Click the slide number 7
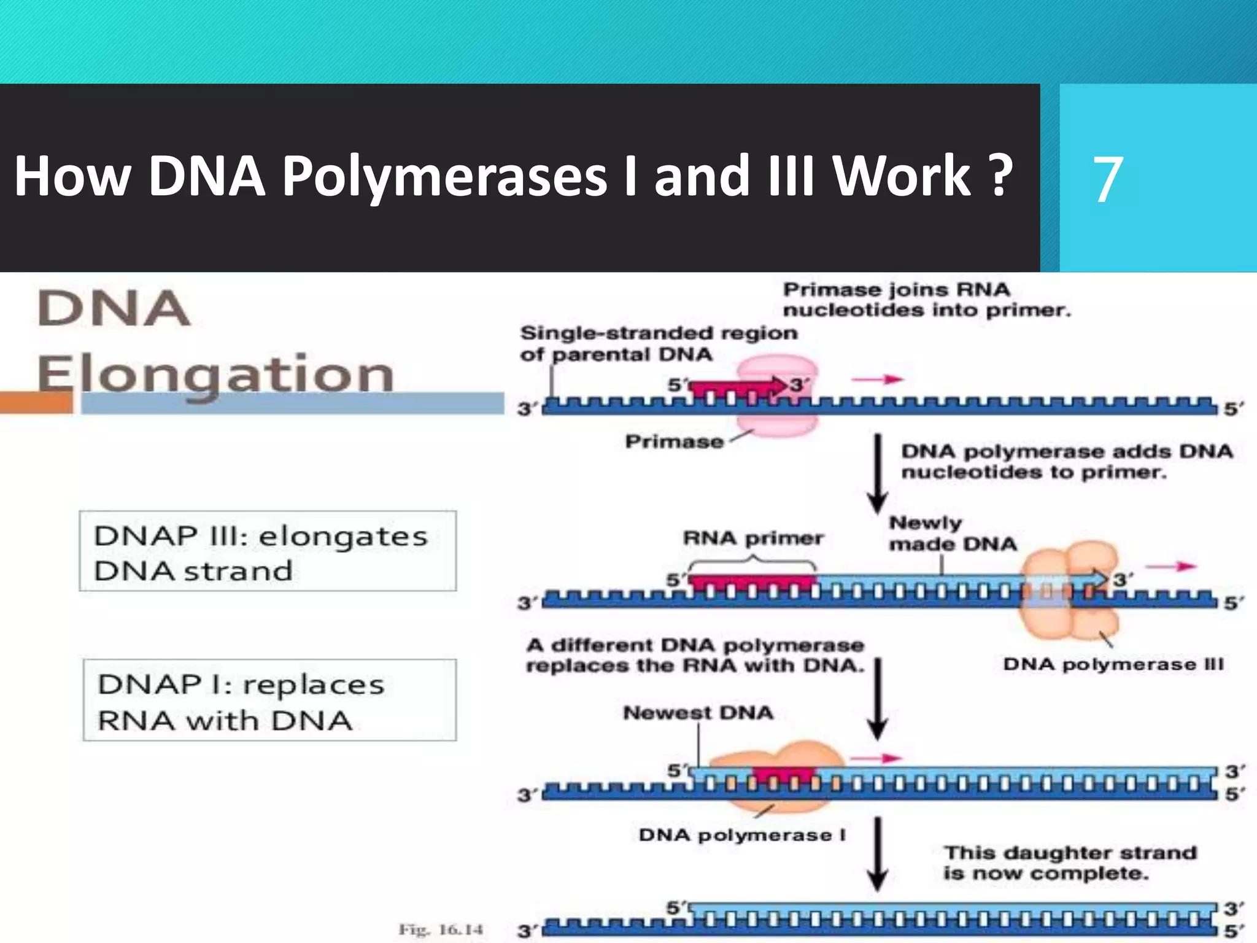(1108, 179)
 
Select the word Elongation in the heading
(215, 374)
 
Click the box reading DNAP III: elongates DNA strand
(268, 551)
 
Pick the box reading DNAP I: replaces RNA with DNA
(269, 700)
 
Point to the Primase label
(674, 441)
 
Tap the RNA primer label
(753, 538)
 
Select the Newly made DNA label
(953, 533)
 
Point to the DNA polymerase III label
(1113, 664)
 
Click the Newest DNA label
(698, 713)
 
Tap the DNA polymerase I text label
(742, 835)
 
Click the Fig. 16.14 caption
(441, 929)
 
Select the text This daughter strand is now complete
(1070, 863)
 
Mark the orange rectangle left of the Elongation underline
(36, 403)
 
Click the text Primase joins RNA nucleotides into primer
(926, 300)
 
